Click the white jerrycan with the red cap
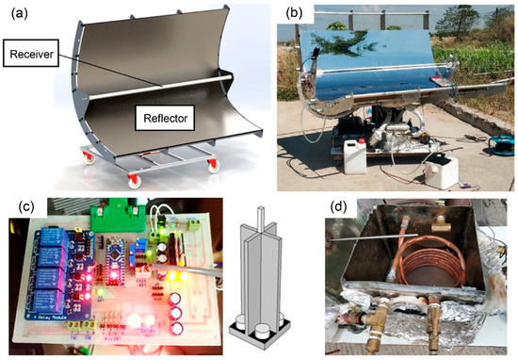click(355, 155)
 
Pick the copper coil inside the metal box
click(415, 284)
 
